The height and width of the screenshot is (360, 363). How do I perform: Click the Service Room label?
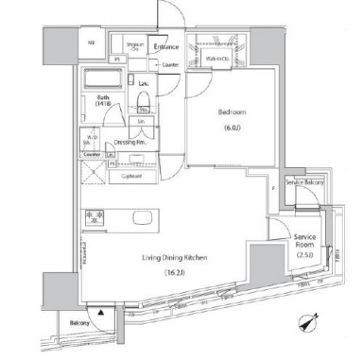point(303,239)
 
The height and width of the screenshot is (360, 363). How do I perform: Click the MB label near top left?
point(92,43)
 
